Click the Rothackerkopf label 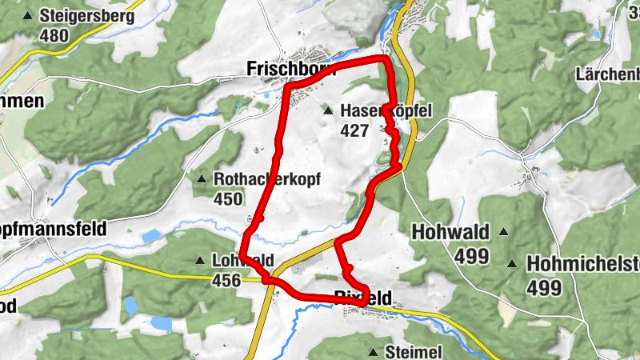point(266,179)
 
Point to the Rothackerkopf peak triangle point(201,178)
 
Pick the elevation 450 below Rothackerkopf point(229,198)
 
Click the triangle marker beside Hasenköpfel point(327,111)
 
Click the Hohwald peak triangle point(504,232)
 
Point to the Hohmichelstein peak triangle point(511,263)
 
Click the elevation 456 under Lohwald point(227,280)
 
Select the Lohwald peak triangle point(200,260)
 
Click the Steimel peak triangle point(373,352)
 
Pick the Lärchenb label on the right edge point(607,74)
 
